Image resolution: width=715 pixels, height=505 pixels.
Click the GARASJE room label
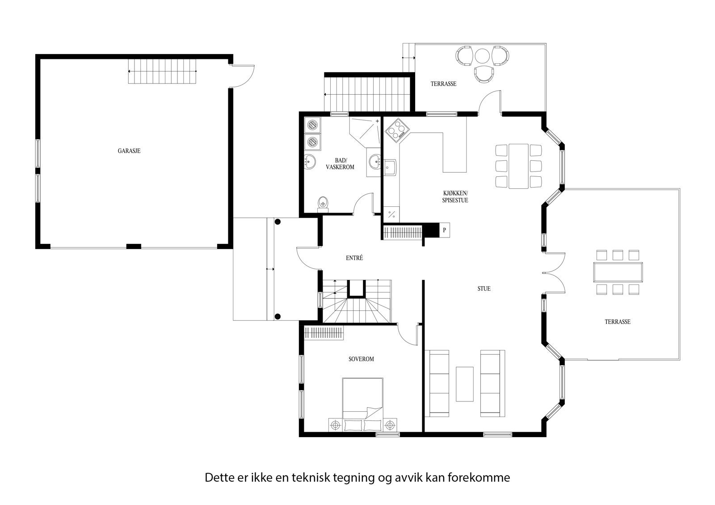tap(129, 151)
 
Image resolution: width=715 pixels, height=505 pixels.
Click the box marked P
tap(445, 230)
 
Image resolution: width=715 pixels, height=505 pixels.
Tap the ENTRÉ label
tap(354, 258)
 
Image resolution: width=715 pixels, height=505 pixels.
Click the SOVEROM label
tap(361, 359)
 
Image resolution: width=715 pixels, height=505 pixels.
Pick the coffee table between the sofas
tap(465, 384)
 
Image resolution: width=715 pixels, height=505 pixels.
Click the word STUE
tap(484, 288)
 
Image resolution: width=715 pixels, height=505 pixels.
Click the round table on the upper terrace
tap(483, 56)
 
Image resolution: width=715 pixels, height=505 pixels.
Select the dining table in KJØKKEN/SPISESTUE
tap(518, 166)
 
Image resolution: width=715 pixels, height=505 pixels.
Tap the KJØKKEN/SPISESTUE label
tap(455, 197)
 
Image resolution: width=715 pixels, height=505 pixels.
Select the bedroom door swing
tap(408, 335)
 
